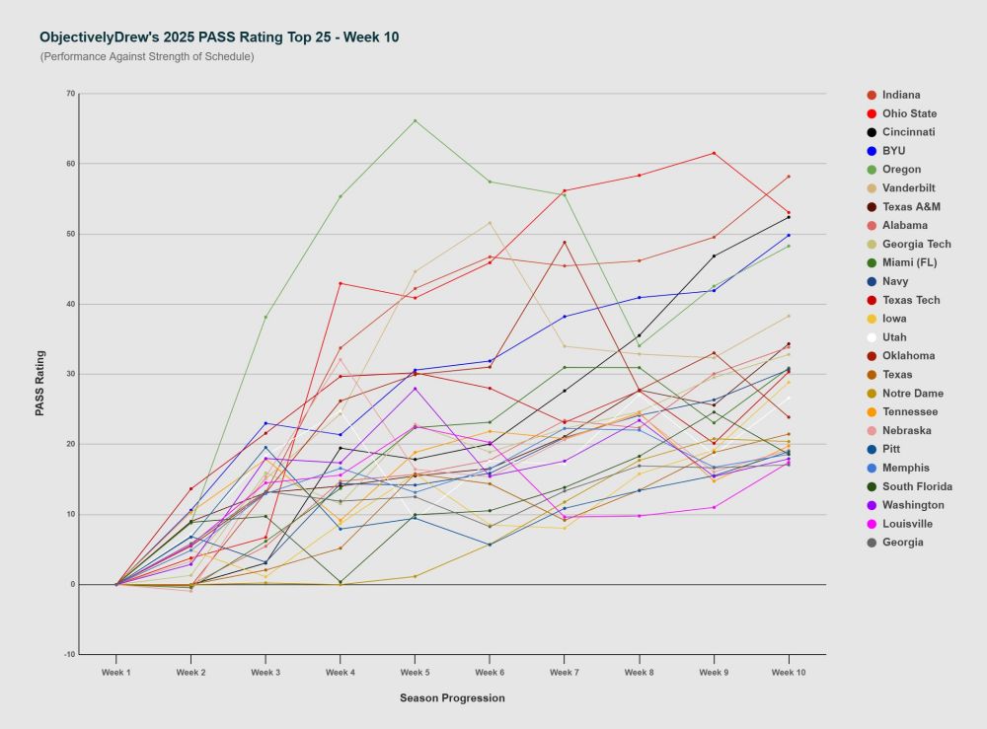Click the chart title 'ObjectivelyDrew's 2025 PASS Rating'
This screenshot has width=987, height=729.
coord(219,37)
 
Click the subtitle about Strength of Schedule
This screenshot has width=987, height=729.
coord(147,57)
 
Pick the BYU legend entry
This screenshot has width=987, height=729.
coord(894,151)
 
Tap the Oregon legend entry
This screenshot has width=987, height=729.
coord(901,170)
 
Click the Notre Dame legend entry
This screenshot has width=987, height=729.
coord(912,394)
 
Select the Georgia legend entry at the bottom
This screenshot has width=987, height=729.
coord(902,543)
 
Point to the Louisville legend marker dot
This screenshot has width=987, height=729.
coord(872,524)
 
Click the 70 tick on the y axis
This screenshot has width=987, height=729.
coord(70,94)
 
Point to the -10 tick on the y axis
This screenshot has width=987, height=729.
coord(69,654)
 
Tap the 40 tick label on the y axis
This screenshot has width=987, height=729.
coord(70,304)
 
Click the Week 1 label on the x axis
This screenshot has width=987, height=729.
coord(116,672)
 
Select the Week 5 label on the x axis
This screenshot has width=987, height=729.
coord(415,672)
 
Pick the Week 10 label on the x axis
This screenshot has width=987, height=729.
coord(788,672)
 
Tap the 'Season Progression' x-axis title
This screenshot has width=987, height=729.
coord(452,698)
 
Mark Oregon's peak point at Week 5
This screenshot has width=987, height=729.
coord(415,120)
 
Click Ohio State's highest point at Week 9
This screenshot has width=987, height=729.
coord(714,153)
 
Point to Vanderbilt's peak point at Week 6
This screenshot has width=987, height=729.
coord(490,222)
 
